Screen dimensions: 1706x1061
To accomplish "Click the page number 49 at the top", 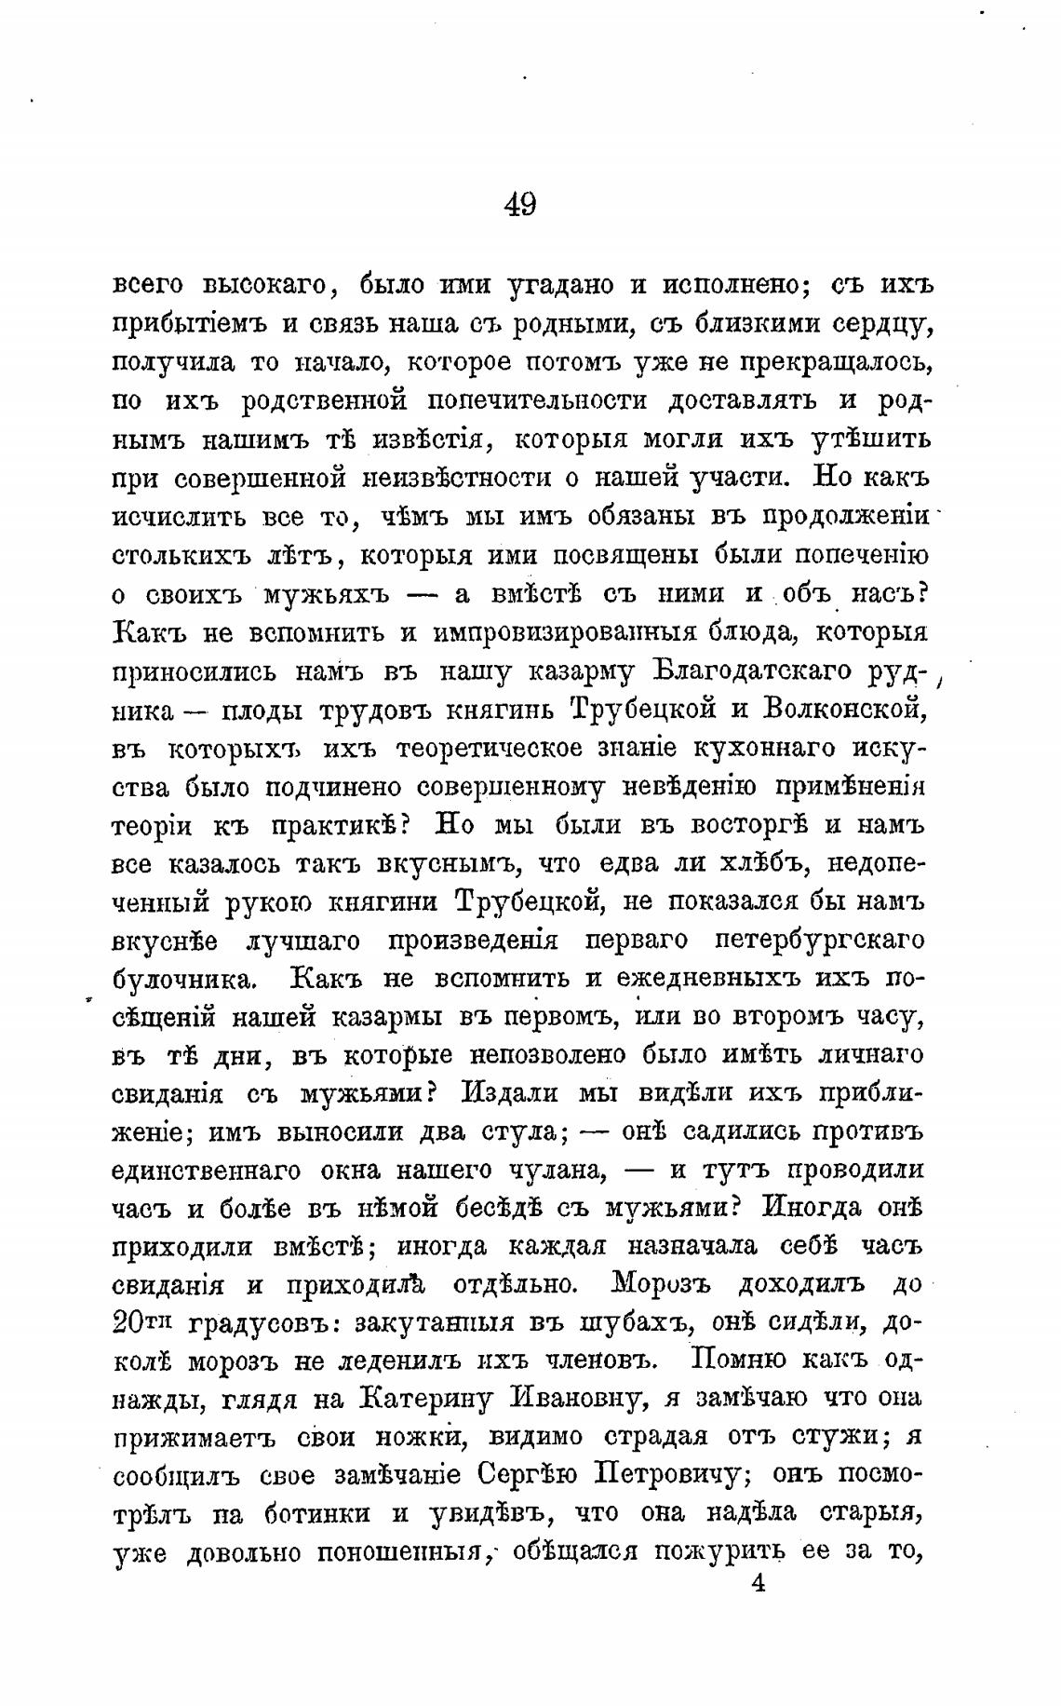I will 519,203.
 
